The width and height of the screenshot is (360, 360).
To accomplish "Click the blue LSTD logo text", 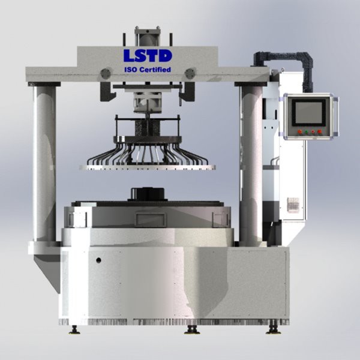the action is [148, 56].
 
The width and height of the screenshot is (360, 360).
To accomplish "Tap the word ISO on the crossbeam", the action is [131, 70].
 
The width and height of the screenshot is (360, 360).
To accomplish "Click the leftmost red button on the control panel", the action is [300, 132].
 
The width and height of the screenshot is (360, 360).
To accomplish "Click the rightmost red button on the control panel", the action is [319, 132].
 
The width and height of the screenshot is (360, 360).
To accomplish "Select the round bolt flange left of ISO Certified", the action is [106, 73].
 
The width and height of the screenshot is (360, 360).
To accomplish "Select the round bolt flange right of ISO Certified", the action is [190, 73].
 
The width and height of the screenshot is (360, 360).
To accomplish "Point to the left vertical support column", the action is [44, 163].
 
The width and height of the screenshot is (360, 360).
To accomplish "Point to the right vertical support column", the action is [251, 163].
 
